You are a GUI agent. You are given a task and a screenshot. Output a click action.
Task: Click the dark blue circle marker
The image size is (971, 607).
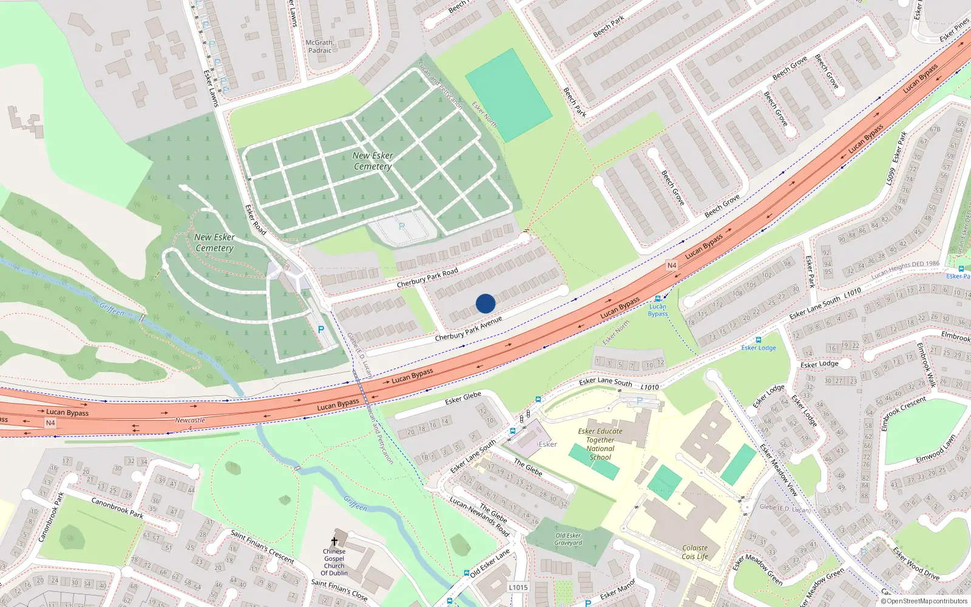coord(486,303)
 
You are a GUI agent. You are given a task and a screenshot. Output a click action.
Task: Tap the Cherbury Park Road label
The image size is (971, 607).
coord(427,279)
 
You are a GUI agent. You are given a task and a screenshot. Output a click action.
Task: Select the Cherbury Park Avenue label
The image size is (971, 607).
coord(469,328)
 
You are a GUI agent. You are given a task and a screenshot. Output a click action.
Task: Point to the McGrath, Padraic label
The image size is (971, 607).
coord(319,47)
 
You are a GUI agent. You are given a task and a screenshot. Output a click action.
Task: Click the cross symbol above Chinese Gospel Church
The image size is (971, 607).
coord(334,541)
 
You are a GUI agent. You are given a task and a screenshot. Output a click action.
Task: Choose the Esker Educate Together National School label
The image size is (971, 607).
coord(600,444)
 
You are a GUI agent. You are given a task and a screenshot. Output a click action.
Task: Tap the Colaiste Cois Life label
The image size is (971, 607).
coord(695,552)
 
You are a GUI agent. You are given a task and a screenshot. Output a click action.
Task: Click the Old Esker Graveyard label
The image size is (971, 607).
coord(568,539)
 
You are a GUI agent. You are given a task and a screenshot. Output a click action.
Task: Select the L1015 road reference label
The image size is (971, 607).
coord(518,587)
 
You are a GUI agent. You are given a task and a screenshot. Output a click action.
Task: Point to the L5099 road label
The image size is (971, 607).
coord(890,177)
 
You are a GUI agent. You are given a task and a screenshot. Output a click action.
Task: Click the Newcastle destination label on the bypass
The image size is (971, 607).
coord(190,420)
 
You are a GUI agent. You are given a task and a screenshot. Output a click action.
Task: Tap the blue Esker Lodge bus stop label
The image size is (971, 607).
coord(759,348)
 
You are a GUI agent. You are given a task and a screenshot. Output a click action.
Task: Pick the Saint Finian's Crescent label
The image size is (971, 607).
coord(262,546)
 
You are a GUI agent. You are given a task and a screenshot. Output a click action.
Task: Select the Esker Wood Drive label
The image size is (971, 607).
coord(916,564)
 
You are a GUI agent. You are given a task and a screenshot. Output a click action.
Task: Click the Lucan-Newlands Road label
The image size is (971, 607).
coord(479,517)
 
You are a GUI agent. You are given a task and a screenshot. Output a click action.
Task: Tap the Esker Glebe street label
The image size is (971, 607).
coord(463,398)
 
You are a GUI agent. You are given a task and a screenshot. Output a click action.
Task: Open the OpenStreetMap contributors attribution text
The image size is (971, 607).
coord(927,601)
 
